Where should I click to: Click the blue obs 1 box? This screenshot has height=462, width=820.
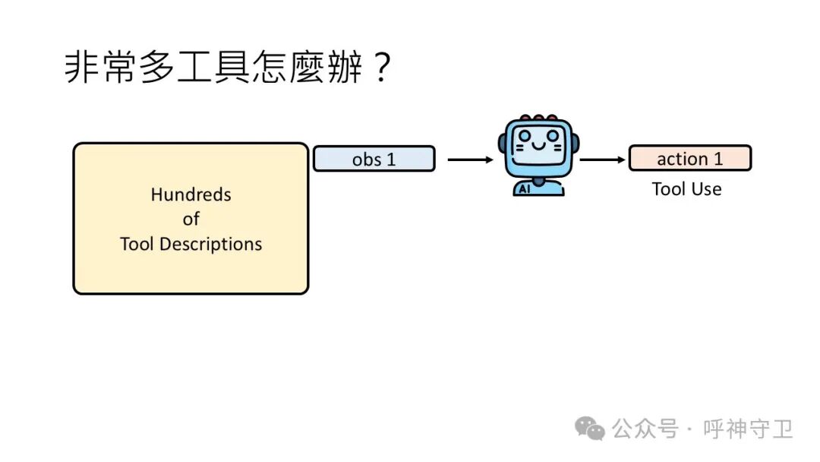click(x=374, y=159)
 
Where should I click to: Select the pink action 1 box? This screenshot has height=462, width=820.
click(x=689, y=158)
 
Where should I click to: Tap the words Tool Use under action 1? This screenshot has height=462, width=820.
click(x=686, y=189)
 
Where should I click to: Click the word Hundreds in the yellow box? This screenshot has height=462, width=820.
click(x=191, y=195)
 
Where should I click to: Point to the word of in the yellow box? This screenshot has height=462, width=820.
click(x=191, y=219)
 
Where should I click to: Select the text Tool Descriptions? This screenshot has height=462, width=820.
click(x=191, y=244)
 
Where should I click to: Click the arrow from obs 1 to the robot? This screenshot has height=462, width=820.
click(x=470, y=160)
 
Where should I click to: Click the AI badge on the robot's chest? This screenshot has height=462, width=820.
click(x=523, y=188)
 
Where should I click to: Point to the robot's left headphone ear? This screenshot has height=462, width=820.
click(x=503, y=144)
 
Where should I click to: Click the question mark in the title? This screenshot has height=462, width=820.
click(x=381, y=68)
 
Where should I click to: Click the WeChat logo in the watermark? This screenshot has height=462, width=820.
click(x=590, y=429)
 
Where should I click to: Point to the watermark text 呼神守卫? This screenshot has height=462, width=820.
click(x=748, y=429)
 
